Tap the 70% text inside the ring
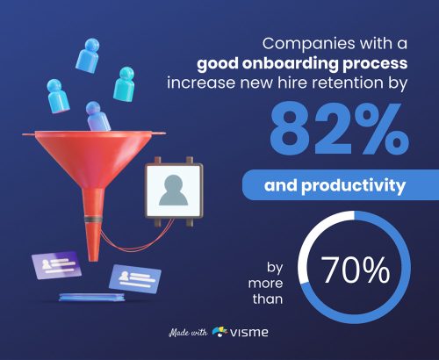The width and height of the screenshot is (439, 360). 355,271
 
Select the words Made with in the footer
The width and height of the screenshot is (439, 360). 188,333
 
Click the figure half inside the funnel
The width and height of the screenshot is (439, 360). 97,114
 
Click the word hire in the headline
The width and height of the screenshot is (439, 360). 313,83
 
